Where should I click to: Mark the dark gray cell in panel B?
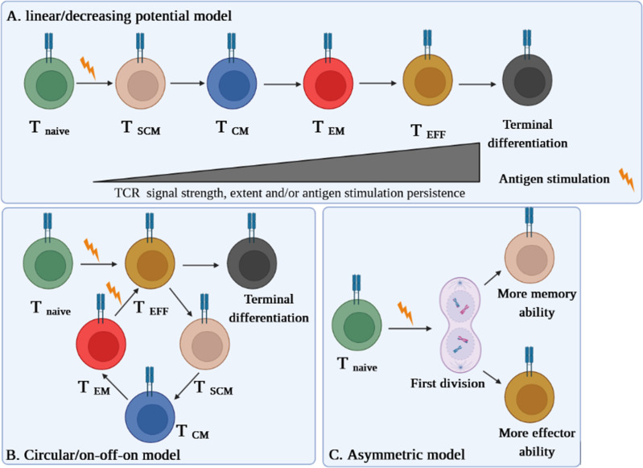pyautogui.click(x=252, y=263)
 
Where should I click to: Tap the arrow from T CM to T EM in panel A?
pyautogui.click(x=279, y=83)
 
